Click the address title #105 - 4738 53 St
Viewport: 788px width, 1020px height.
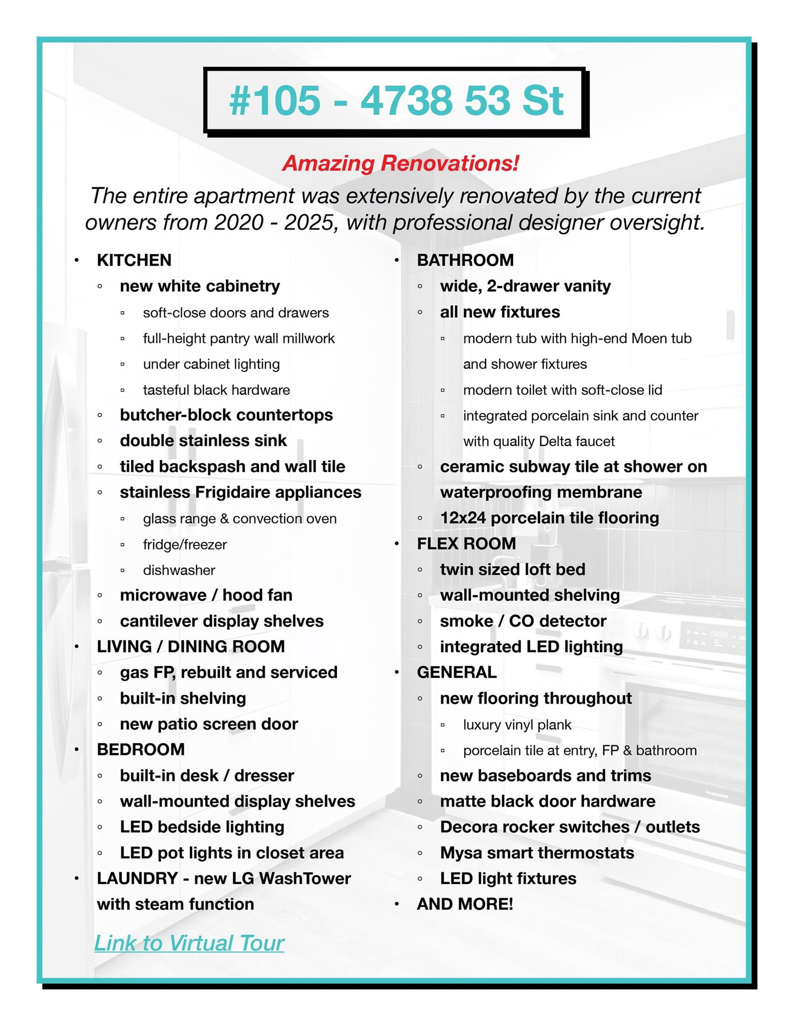tap(396, 101)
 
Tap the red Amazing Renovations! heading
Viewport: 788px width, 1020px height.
tap(400, 164)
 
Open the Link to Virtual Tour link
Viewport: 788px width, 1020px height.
tap(189, 943)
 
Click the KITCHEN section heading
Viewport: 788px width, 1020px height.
tap(134, 260)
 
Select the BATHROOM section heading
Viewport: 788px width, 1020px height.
tap(465, 260)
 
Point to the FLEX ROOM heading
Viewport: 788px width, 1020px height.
tap(466, 543)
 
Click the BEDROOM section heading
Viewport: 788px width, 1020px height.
tap(140, 749)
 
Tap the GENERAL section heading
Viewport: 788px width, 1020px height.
tap(457, 672)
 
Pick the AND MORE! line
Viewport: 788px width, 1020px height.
tap(464, 904)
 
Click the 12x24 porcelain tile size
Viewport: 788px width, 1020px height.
tap(462, 518)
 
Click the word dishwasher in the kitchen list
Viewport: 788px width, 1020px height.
tap(179, 570)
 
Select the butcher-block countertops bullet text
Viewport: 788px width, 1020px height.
tap(226, 415)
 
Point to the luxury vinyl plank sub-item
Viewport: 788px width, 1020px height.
tap(517, 724)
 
